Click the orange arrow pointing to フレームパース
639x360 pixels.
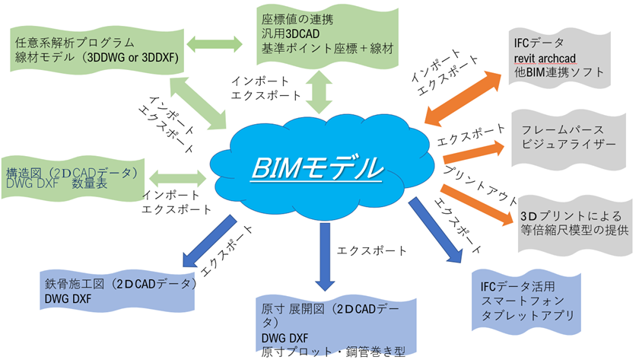click(x=472, y=147)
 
